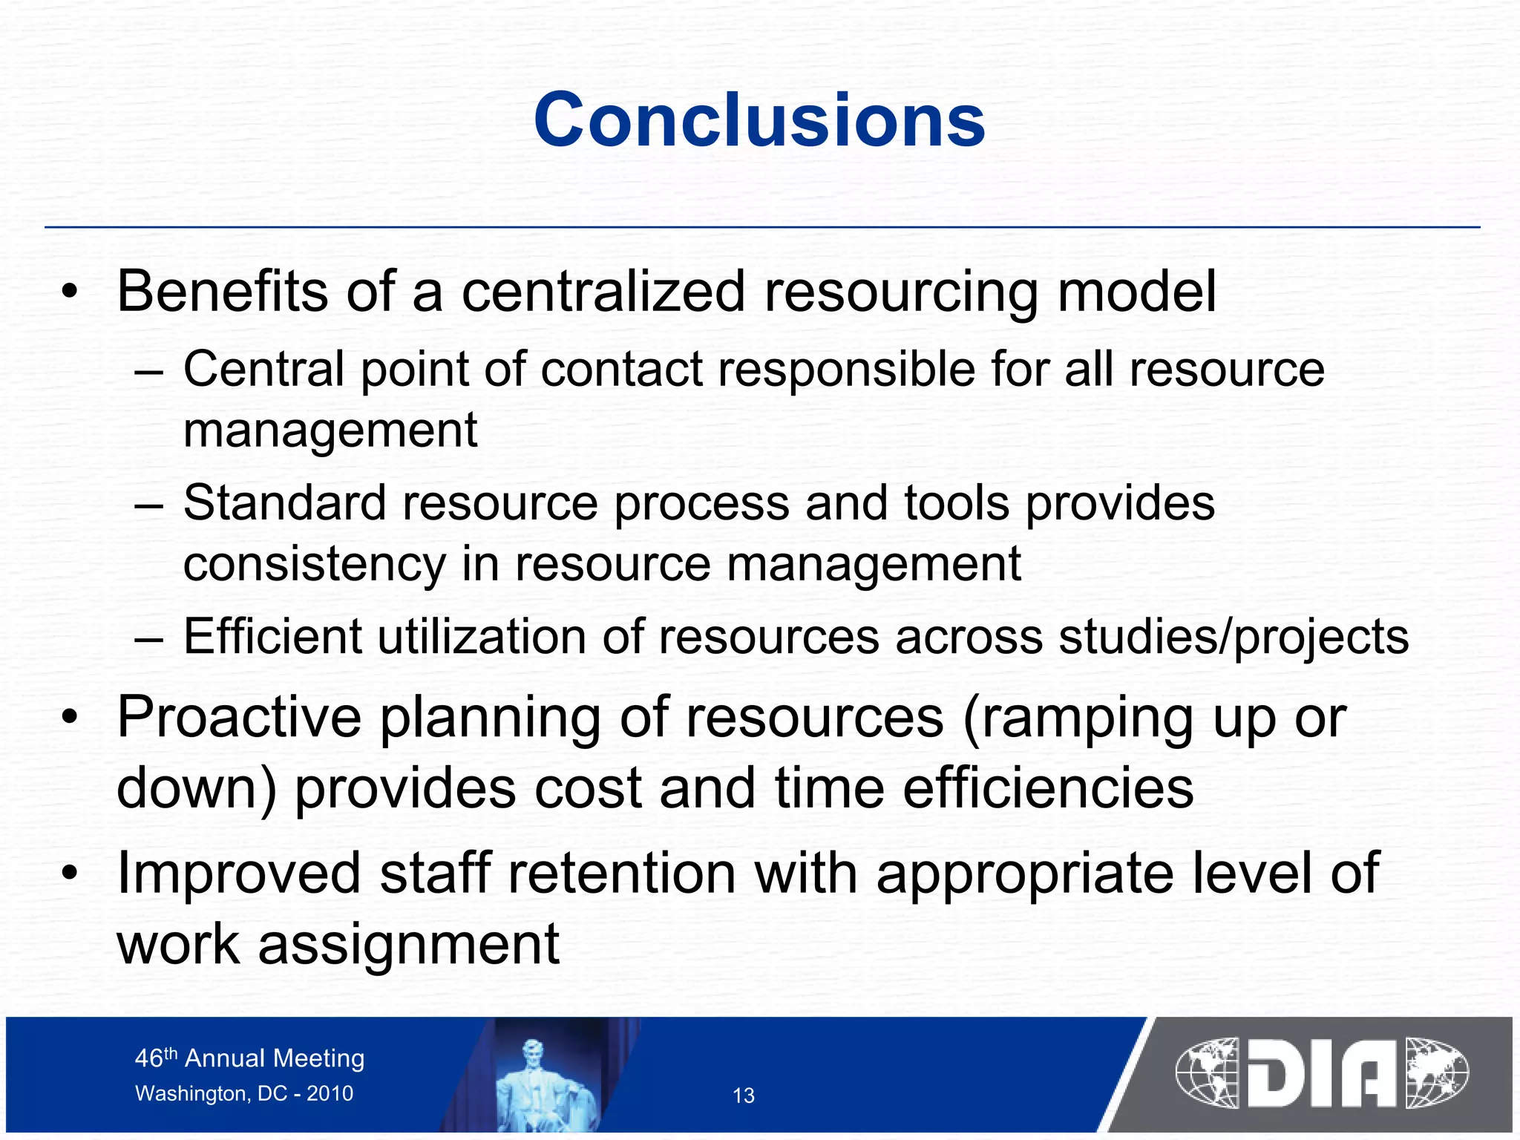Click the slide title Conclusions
pyautogui.click(x=759, y=120)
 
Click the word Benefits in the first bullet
pyautogui.click(x=222, y=291)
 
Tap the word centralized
pyautogui.click(x=603, y=291)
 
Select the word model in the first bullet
pyautogui.click(x=1136, y=291)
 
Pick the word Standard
pyautogui.click(x=284, y=503)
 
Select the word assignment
pyautogui.click(x=408, y=945)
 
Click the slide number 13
pyautogui.click(x=744, y=1095)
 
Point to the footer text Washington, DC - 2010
pyautogui.click(x=244, y=1093)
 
